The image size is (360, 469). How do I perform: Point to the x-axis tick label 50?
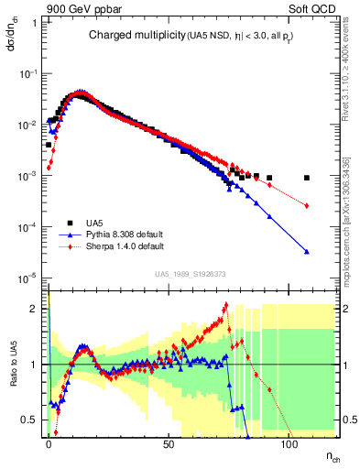[x=168, y=443]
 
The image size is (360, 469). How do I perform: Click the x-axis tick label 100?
[x=288, y=443]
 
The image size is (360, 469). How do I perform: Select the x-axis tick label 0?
[x=49, y=443]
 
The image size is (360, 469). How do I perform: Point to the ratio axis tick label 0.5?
[x=31, y=420]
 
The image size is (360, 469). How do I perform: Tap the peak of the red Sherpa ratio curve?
[x=225, y=307]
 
